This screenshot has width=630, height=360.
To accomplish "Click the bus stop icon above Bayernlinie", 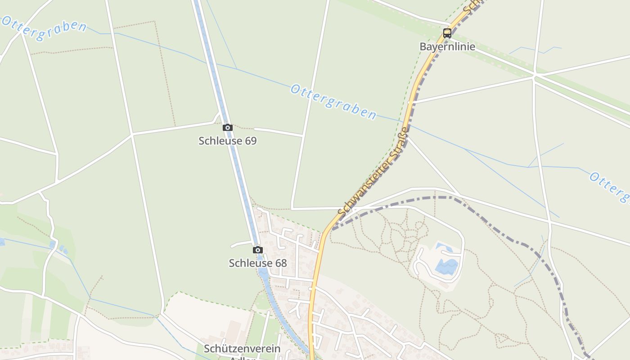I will pos(447,33).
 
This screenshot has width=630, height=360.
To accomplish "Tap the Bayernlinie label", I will pos(447,46).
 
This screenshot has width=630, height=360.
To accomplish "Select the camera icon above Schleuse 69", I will pos(228,128).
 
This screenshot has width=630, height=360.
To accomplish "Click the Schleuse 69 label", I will pos(227,141).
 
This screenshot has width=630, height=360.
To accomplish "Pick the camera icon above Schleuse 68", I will pos(257,250).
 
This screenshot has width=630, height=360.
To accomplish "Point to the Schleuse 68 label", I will pos(257,263).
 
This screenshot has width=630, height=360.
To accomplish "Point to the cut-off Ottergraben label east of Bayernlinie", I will pos(610,185).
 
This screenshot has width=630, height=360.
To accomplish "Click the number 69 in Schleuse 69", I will pos(251,141).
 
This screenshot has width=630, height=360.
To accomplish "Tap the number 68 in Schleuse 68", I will pos(281,263).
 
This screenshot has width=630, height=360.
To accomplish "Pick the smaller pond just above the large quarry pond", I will pos(444,247).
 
